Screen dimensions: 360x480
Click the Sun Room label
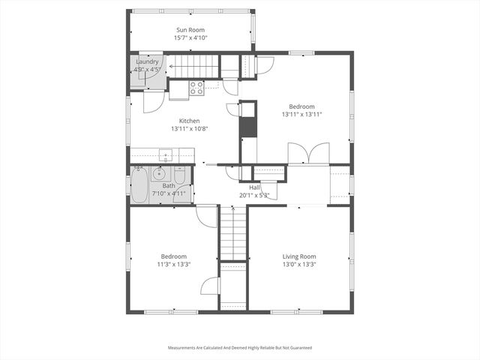[x=191, y=29]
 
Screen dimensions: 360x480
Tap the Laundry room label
[x=147, y=62]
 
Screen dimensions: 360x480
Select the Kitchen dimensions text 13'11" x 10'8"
[x=188, y=128]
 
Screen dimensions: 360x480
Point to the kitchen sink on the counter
[x=166, y=156]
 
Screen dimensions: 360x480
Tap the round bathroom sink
[x=159, y=174]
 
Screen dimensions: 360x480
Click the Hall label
[x=244, y=187]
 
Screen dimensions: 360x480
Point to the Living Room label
[x=298, y=256]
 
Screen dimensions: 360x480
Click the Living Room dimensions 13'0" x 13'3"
[x=298, y=264]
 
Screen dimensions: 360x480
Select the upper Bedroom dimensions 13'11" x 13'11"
[x=302, y=115]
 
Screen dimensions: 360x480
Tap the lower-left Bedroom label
[x=173, y=256]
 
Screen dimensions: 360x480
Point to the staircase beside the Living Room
[x=233, y=232]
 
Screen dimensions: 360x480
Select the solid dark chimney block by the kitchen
[x=247, y=125]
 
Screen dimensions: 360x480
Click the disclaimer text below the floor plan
[x=239, y=347]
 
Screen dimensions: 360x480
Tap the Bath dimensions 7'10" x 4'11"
[x=169, y=193]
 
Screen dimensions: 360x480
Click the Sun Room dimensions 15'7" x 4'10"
[x=190, y=37]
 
